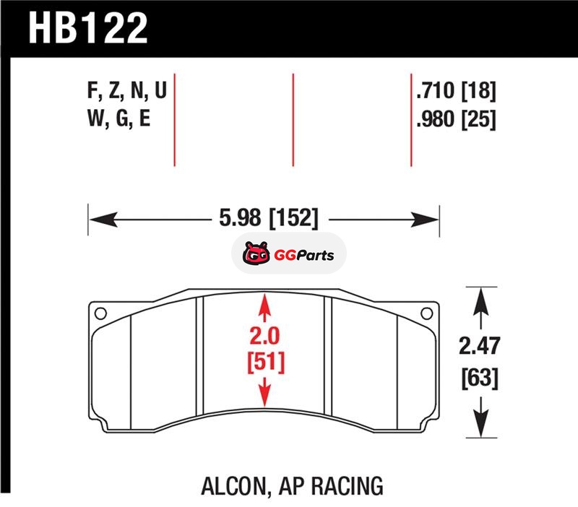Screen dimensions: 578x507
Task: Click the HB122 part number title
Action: point(87,28)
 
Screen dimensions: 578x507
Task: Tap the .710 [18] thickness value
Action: point(456,90)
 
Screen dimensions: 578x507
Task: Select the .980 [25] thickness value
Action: point(456,119)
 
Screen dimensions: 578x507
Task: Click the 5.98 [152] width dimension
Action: point(268,218)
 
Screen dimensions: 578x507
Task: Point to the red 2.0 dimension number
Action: point(264,336)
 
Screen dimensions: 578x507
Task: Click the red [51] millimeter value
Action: point(266,362)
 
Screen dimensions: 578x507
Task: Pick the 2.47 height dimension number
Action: point(479,346)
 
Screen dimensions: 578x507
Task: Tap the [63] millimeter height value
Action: point(480,378)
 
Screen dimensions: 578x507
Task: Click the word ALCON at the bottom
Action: point(233,486)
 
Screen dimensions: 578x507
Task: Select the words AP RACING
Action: point(331,486)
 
